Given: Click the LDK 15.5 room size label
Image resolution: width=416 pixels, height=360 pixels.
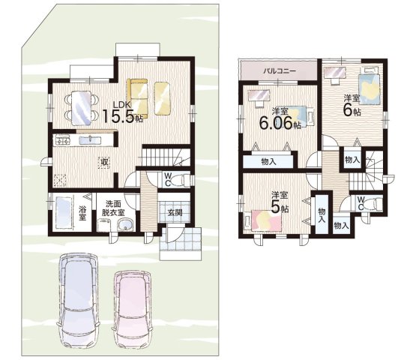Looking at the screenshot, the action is (122, 112).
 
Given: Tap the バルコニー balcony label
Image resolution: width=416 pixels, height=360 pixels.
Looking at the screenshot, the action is (280, 71).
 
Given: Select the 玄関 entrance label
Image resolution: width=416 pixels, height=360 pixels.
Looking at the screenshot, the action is (175, 212).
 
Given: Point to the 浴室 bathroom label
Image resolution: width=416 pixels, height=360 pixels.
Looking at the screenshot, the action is (82, 213).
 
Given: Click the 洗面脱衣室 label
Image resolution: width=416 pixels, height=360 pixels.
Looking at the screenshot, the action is (113, 208).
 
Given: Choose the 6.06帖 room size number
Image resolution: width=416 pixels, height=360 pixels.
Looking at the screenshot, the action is (280, 123).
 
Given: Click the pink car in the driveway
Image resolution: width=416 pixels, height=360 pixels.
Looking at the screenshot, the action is (133, 309).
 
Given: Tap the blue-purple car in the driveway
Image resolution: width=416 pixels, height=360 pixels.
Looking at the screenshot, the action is (78, 301).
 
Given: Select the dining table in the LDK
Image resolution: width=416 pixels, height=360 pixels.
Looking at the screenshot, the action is (82, 107).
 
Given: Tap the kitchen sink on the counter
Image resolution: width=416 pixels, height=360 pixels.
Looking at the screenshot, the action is (90, 140).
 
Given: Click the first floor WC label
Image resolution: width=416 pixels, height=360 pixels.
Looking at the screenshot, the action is (167, 179).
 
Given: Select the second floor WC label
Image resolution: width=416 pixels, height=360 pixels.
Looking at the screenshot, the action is (361, 203).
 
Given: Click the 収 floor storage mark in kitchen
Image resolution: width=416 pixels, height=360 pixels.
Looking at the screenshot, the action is (104, 162).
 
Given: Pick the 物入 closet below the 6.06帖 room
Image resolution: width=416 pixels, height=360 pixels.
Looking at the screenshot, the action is (268, 161).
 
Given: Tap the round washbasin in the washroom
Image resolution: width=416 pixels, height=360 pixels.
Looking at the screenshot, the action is (124, 225).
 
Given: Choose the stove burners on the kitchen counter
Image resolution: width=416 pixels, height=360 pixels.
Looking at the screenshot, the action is (63, 140).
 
